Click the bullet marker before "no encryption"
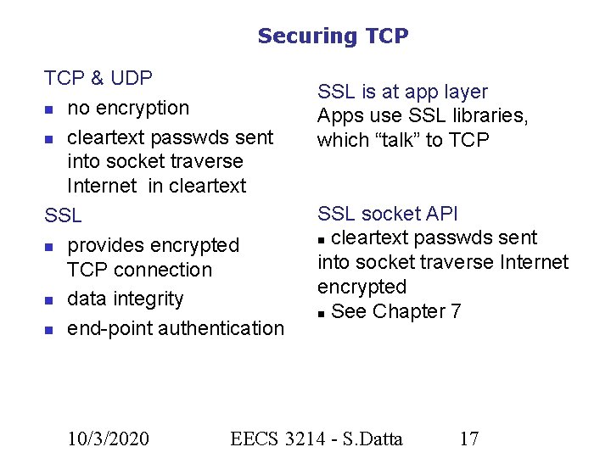50,109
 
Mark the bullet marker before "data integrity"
50,300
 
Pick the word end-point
106,327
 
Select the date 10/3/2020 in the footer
109,438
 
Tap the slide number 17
468,438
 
